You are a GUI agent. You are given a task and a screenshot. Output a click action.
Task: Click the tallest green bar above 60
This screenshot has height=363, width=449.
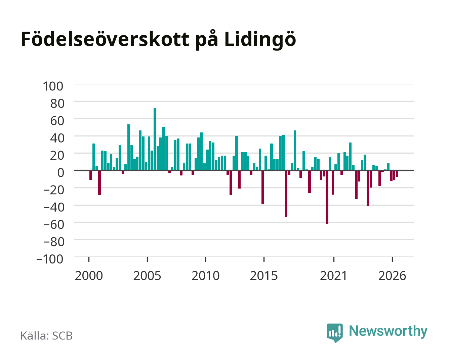tap(155, 139)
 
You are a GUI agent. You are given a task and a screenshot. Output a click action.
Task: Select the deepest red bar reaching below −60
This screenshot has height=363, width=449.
tap(327, 197)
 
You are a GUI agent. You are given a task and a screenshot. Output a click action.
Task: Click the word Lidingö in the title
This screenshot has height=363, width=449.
tap(260, 40)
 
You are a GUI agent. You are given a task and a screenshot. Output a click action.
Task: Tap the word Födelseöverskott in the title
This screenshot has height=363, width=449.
tap(105, 39)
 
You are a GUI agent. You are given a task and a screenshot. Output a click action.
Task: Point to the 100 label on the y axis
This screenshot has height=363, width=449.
tap(53, 86)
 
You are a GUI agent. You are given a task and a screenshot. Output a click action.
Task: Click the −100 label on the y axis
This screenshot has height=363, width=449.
tap(50, 259)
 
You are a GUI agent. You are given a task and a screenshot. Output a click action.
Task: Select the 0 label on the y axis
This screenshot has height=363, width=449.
tap(61, 173)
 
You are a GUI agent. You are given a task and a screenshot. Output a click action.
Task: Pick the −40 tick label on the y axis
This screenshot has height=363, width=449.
tap(54, 207)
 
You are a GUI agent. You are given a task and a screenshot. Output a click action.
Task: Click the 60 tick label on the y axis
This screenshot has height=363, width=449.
tap(57, 121)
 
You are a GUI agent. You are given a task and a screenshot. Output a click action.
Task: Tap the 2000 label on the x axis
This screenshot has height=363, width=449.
tap(89, 276)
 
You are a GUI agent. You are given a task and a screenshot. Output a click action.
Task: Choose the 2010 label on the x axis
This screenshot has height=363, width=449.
tap(206, 276)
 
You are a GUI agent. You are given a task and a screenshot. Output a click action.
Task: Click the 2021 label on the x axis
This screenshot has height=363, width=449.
tap(333, 276)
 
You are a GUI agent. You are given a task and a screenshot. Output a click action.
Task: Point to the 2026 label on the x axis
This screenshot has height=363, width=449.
tap(392, 276)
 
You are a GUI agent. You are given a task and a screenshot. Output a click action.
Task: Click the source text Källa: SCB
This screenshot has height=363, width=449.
tap(46, 336)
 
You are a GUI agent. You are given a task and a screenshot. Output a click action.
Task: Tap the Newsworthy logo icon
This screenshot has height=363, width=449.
tap(334, 333)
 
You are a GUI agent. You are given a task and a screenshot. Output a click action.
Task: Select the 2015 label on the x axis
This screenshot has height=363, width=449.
tap(264, 276)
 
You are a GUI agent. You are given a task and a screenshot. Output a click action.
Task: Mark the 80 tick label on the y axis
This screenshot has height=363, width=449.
tap(57, 104)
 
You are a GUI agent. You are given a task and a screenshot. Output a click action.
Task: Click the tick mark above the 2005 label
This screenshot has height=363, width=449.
tap(147, 259)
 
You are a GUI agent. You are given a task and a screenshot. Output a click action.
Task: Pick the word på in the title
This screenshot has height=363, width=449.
tap(207, 40)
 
